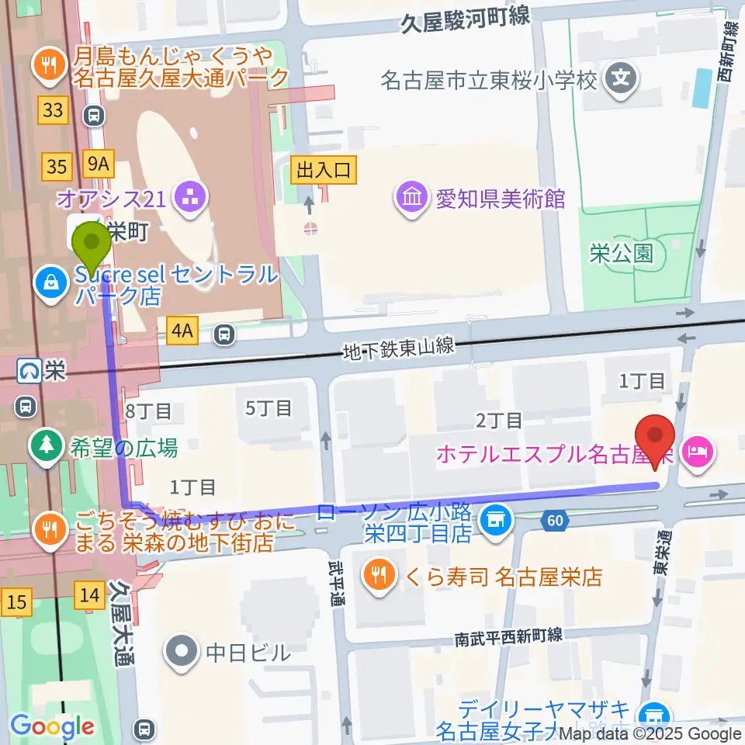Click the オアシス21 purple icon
coord(188,198)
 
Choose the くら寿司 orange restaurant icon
coord(379,576)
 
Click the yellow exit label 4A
coord(182,332)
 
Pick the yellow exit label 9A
coord(100,165)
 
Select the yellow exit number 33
coord(53,111)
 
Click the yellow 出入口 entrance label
coord(324,170)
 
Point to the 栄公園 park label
coord(621,254)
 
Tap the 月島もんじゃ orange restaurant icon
coord(51,65)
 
